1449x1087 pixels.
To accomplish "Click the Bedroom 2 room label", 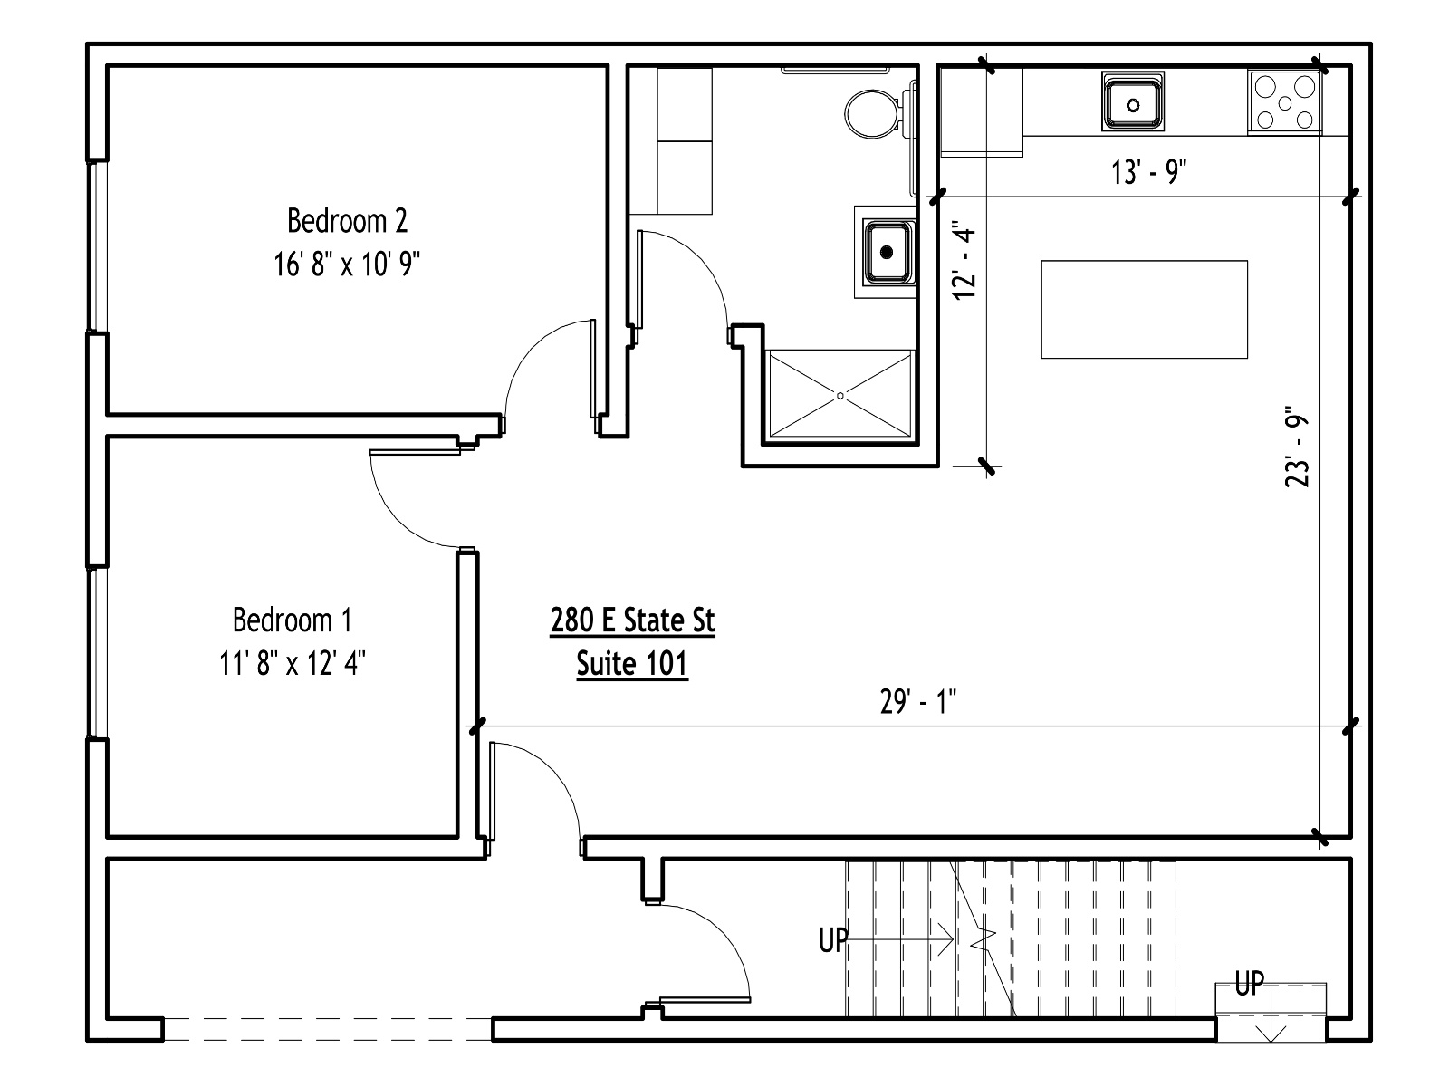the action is click(347, 220).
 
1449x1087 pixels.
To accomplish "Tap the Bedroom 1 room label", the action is click(293, 620).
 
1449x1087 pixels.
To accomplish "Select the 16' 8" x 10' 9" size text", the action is click(347, 264).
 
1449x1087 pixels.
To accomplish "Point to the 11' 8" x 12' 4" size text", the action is click(293, 663).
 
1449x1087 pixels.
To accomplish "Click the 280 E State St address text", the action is click(632, 620).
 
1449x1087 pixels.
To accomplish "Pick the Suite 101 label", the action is click(632, 663).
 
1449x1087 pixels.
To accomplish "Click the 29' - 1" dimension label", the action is click(918, 701).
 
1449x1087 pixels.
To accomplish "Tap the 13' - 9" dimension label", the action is click(1149, 172).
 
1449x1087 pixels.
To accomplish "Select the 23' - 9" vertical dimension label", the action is click(1297, 450).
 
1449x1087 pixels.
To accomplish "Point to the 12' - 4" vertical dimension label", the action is click(964, 263).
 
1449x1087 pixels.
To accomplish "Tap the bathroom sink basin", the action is click(888, 252).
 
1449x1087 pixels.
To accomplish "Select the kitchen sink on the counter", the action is click(1133, 102).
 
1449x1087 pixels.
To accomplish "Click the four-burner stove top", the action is click(1284, 102).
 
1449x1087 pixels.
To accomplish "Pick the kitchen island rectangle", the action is click(1145, 310).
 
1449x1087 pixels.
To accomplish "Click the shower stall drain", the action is click(840, 396).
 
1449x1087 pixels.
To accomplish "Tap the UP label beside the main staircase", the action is click(833, 940).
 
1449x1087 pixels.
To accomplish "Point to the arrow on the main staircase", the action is click(900, 938).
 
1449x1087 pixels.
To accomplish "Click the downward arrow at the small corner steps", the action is click(1271, 1017).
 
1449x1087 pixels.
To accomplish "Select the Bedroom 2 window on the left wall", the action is click(98, 245).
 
